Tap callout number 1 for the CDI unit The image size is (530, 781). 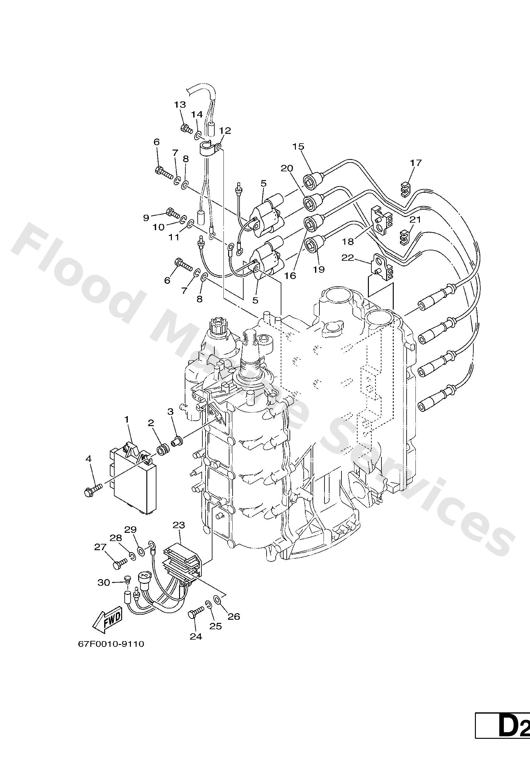pos(127,419)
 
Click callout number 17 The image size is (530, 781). pos(415,162)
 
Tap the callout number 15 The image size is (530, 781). pos(298,146)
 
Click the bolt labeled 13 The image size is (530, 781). pos(186,128)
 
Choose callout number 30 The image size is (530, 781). pos(104,582)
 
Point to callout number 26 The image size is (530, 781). pos(234,616)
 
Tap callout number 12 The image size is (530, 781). pos(225,130)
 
